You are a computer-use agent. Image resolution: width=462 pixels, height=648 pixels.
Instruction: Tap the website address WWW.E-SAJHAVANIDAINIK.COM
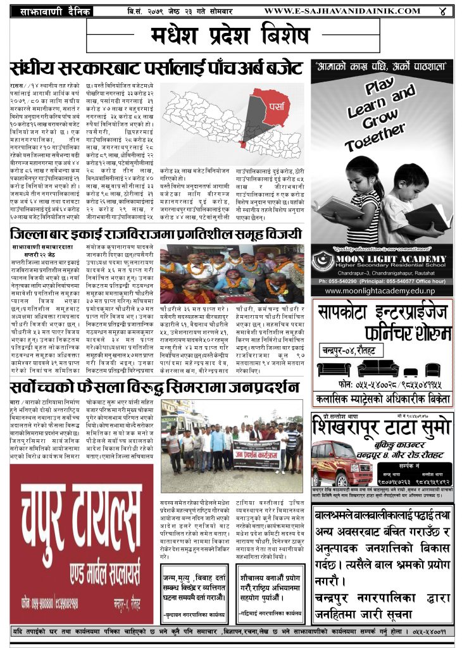(342, 11)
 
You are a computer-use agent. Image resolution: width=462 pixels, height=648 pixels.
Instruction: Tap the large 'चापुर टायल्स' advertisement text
(82, 506)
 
